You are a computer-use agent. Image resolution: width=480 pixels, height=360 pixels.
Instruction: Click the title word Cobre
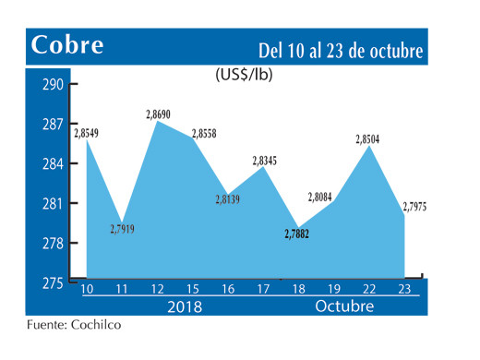67,45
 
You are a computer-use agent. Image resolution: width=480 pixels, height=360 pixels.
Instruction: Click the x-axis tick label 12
159,289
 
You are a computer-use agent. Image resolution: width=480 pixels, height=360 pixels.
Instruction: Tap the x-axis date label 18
299,289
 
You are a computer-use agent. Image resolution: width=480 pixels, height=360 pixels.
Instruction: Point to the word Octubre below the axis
343,306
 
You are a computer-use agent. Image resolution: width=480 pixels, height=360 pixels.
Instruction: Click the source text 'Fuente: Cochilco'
73,326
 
